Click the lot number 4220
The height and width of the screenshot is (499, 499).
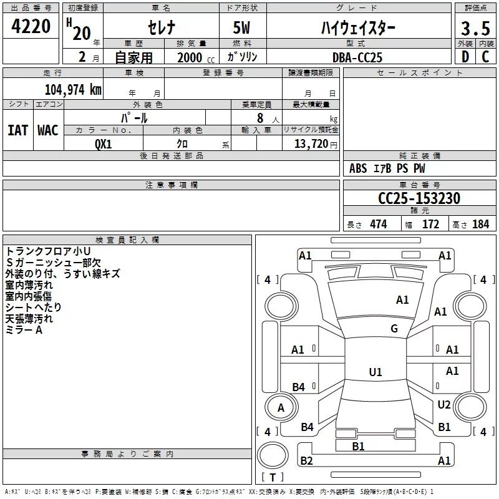click(x=31, y=26)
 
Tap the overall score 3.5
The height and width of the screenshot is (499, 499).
click(x=475, y=28)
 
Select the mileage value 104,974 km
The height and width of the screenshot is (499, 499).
click(x=73, y=89)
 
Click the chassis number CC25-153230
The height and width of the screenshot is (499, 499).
click(x=419, y=198)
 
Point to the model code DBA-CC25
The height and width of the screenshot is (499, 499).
click(x=357, y=57)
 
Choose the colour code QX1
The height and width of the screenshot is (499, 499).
click(x=103, y=144)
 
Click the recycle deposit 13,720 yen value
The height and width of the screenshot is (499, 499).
click(x=316, y=143)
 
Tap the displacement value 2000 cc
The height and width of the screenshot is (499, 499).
click(x=196, y=57)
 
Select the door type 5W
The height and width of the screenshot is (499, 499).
click(x=241, y=27)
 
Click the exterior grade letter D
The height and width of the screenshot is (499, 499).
click(x=465, y=57)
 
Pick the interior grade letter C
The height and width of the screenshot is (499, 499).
click(x=485, y=57)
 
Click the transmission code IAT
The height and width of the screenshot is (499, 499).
click(x=17, y=130)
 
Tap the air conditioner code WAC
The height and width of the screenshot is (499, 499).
click(x=48, y=130)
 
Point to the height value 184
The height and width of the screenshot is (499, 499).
click(x=480, y=225)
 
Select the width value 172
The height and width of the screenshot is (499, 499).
click(x=430, y=225)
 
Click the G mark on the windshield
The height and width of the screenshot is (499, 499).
click(x=394, y=328)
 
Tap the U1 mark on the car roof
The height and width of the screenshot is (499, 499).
click(x=375, y=372)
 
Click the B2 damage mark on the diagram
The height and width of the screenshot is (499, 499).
click(x=306, y=460)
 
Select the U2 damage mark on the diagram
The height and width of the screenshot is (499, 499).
click(x=444, y=404)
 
